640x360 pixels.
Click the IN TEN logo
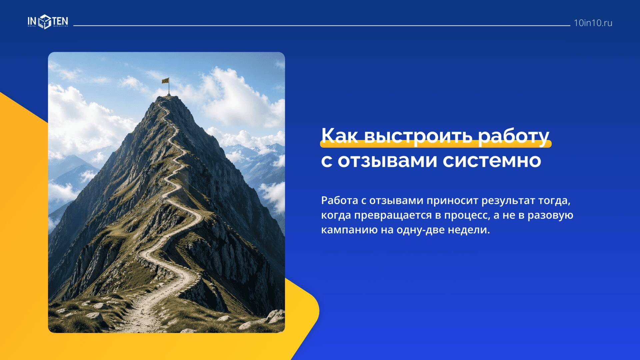(x=48, y=22)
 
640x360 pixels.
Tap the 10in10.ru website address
(x=593, y=23)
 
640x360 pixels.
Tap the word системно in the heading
(x=492, y=161)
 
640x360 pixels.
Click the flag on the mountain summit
(x=165, y=81)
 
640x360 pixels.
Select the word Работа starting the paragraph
(x=339, y=201)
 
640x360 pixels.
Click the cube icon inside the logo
(x=44, y=22)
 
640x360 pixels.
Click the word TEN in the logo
(x=60, y=21)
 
